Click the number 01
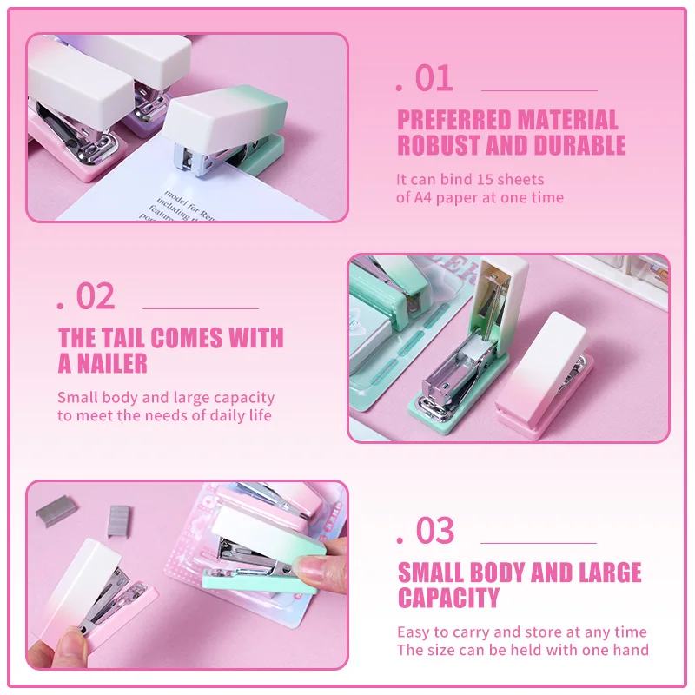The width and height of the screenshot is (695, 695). point(434,78)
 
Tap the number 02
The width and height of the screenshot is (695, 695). point(96,296)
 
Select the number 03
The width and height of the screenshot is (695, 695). point(435,530)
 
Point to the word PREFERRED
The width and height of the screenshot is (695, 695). point(454,120)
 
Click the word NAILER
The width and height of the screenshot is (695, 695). point(112,363)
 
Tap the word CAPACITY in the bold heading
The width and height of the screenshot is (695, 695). point(448,598)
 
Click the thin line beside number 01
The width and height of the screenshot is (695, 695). point(539,90)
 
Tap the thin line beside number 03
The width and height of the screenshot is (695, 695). point(539,542)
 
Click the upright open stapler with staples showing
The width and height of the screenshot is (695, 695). point(470,346)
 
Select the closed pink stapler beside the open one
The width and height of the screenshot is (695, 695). point(545,375)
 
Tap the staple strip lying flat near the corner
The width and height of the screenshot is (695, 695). point(56,511)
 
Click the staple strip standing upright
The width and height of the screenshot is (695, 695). point(118,521)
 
